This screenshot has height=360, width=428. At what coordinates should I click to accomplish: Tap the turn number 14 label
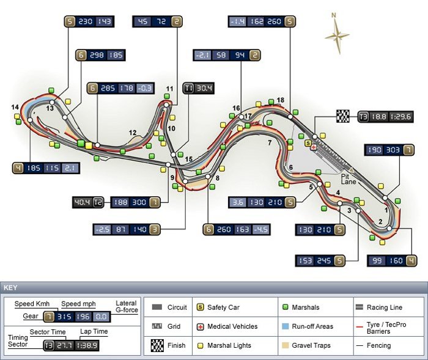[x=15, y=108]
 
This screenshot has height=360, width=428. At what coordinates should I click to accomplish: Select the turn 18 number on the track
[x=280, y=100]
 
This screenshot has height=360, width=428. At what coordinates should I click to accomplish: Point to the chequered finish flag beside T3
[x=343, y=116]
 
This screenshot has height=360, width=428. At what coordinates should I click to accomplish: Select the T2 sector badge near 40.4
[x=97, y=202]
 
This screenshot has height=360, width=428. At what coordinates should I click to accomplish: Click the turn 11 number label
[x=169, y=89]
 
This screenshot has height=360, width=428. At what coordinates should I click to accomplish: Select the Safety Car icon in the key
[x=200, y=307]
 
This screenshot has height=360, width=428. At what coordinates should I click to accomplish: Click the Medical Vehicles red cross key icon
[x=200, y=326]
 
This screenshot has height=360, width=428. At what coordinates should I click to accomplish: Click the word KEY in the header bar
[x=11, y=287]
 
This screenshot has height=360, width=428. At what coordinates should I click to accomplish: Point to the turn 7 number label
[x=268, y=143]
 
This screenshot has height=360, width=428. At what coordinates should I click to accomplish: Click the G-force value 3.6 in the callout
[x=237, y=202]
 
